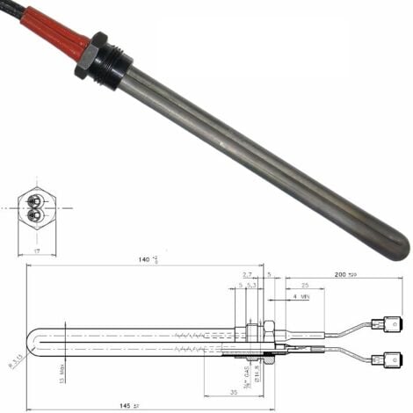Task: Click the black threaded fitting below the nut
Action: [x=116, y=63]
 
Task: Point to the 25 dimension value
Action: [x=303, y=286]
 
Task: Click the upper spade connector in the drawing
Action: [x=384, y=324]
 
